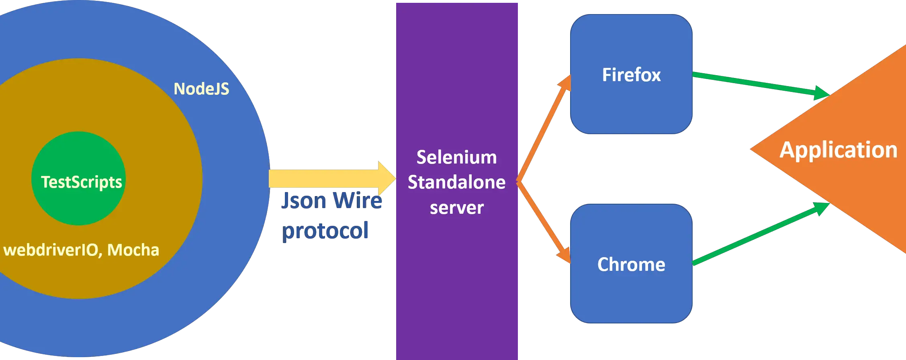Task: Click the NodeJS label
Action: (201, 89)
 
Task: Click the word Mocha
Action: (133, 250)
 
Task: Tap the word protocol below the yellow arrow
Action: (325, 231)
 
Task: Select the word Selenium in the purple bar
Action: (456, 157)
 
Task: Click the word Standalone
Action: (456, 182)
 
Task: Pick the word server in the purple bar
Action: (456, 208)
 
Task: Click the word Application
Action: (838, 150)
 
